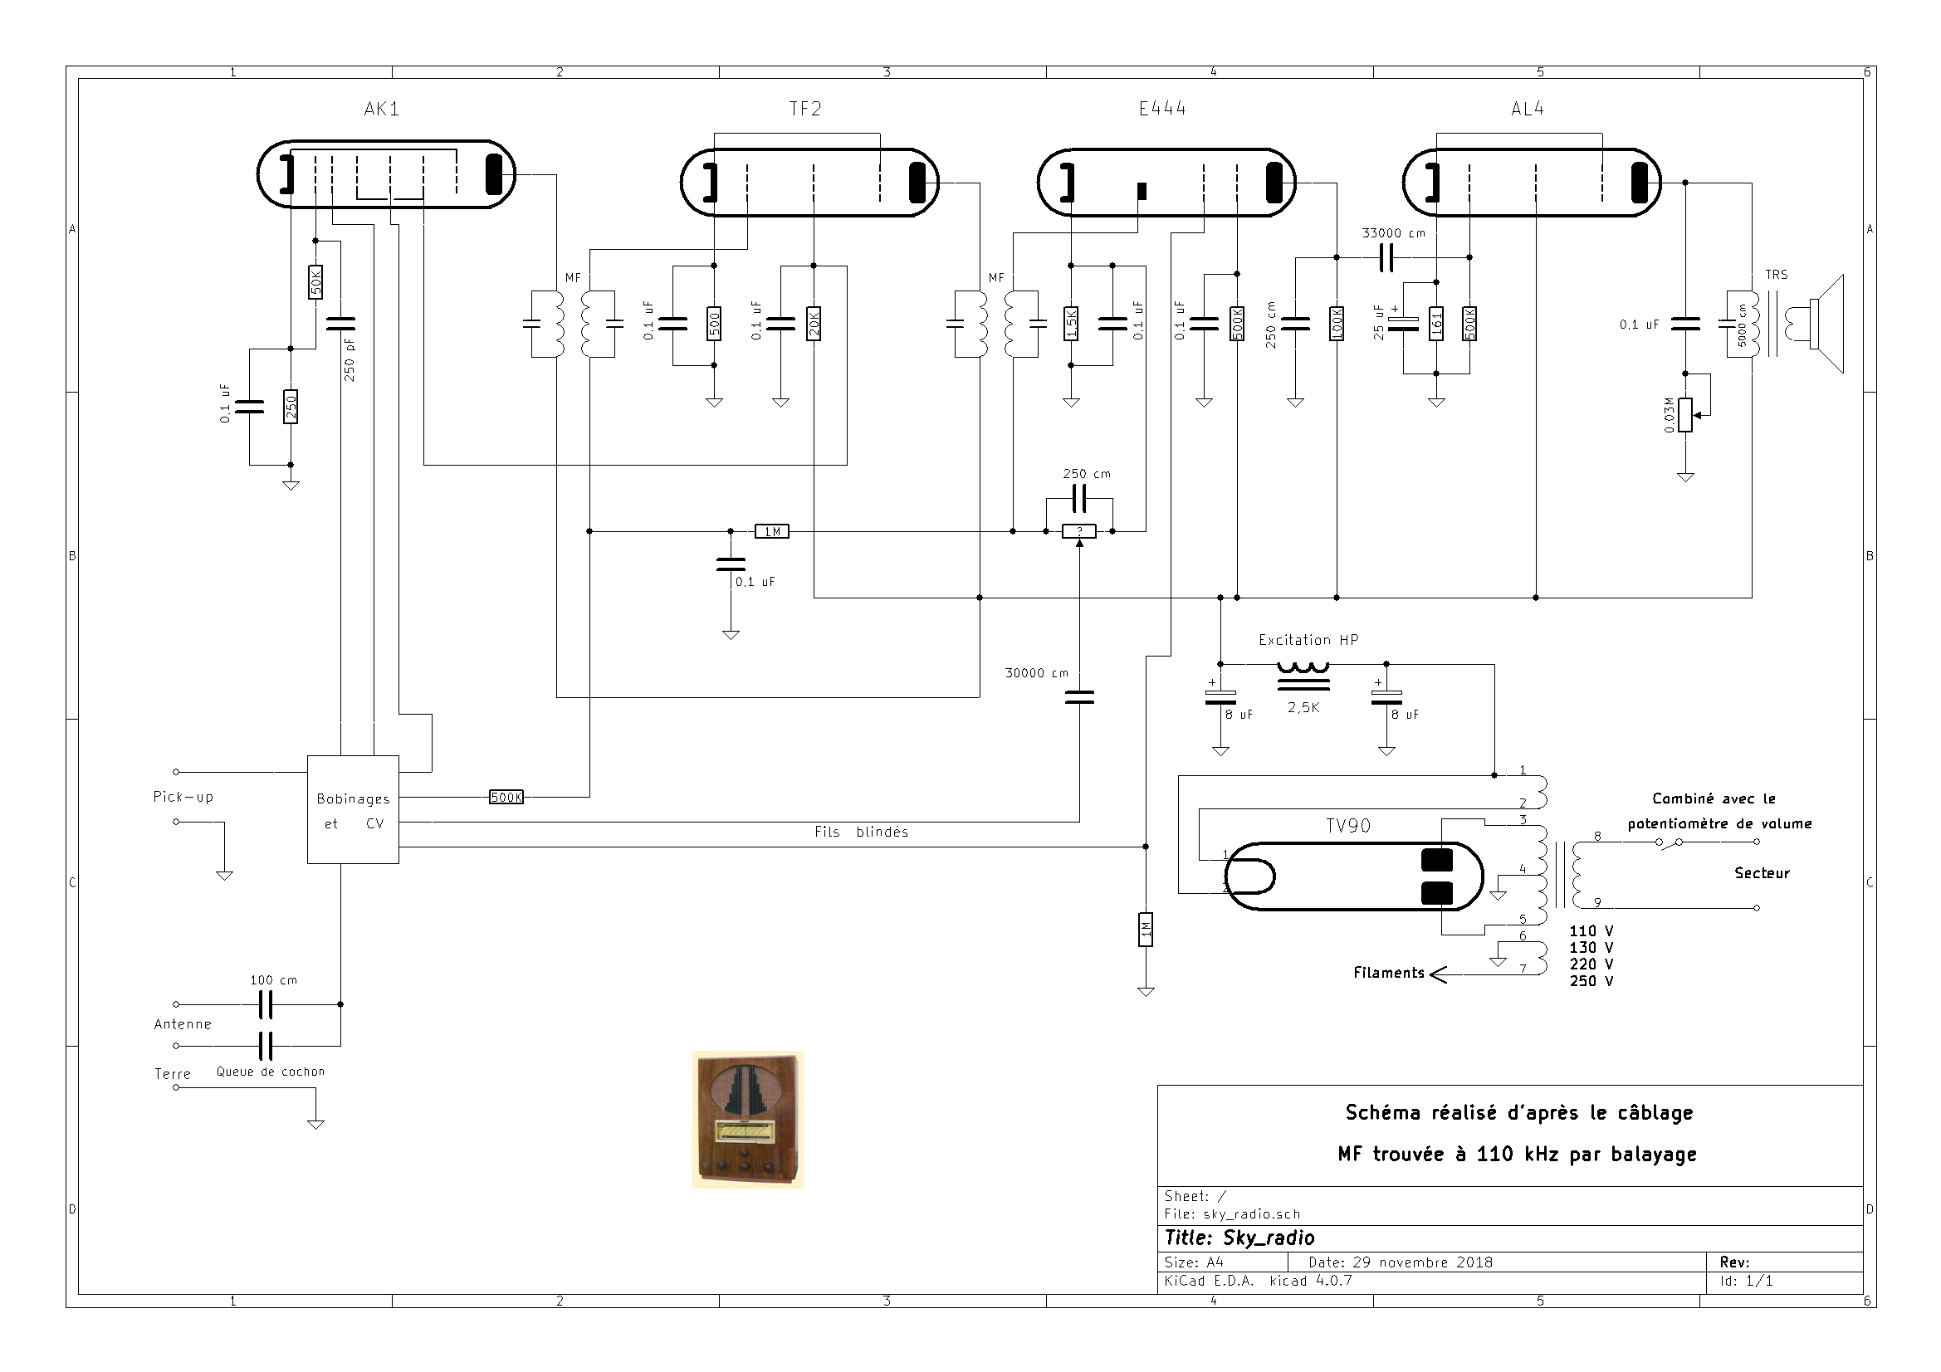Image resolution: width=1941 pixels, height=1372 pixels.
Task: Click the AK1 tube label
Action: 381,109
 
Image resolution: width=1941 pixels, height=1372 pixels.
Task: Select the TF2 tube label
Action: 804,109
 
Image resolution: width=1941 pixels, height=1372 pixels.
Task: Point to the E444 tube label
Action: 1162,109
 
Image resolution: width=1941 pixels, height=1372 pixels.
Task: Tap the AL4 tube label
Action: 1528,109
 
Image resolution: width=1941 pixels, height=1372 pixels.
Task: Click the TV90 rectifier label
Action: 1347,826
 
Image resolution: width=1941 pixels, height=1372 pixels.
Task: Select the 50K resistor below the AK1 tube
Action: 315,281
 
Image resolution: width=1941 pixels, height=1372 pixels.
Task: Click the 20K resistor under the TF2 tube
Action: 814,323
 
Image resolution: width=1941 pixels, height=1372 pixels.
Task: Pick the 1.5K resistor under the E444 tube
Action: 1070,323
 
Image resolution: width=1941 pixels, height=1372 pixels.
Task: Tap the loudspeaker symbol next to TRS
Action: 1826,324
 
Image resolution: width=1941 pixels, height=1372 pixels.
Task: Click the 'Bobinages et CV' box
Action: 353,810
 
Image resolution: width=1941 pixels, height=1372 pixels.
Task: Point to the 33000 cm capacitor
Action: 1386,258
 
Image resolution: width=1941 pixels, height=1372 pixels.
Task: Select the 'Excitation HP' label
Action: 1308,640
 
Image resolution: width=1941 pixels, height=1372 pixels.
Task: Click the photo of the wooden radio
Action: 747,1119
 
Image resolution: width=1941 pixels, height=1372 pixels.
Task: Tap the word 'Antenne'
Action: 183,1024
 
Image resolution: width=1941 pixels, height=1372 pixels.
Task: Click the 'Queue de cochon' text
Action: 271,1072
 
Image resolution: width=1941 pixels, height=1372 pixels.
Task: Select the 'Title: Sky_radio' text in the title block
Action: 1239,1238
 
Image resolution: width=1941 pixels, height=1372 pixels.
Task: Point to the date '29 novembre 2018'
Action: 1423,1263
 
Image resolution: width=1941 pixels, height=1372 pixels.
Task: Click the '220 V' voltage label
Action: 1591,964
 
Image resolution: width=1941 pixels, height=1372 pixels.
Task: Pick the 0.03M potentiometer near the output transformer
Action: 1684,415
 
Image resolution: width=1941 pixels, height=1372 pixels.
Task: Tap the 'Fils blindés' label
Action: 862,832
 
